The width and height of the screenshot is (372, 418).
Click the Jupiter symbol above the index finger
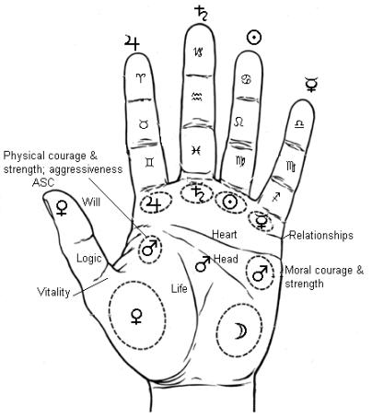(133, 40)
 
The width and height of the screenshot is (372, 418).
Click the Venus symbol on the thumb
(62, 207)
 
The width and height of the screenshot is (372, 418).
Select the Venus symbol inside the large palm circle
(136, 317)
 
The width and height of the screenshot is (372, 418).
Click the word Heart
(225, 234)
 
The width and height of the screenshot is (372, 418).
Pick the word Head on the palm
(227, 261)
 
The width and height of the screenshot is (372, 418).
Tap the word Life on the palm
(180, 289)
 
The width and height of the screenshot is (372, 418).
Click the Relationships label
(321, 236)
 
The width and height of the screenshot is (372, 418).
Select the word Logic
(89, 258)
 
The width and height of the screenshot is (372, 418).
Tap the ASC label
(42, 182)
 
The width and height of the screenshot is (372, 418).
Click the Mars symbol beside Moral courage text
(262, 273)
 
